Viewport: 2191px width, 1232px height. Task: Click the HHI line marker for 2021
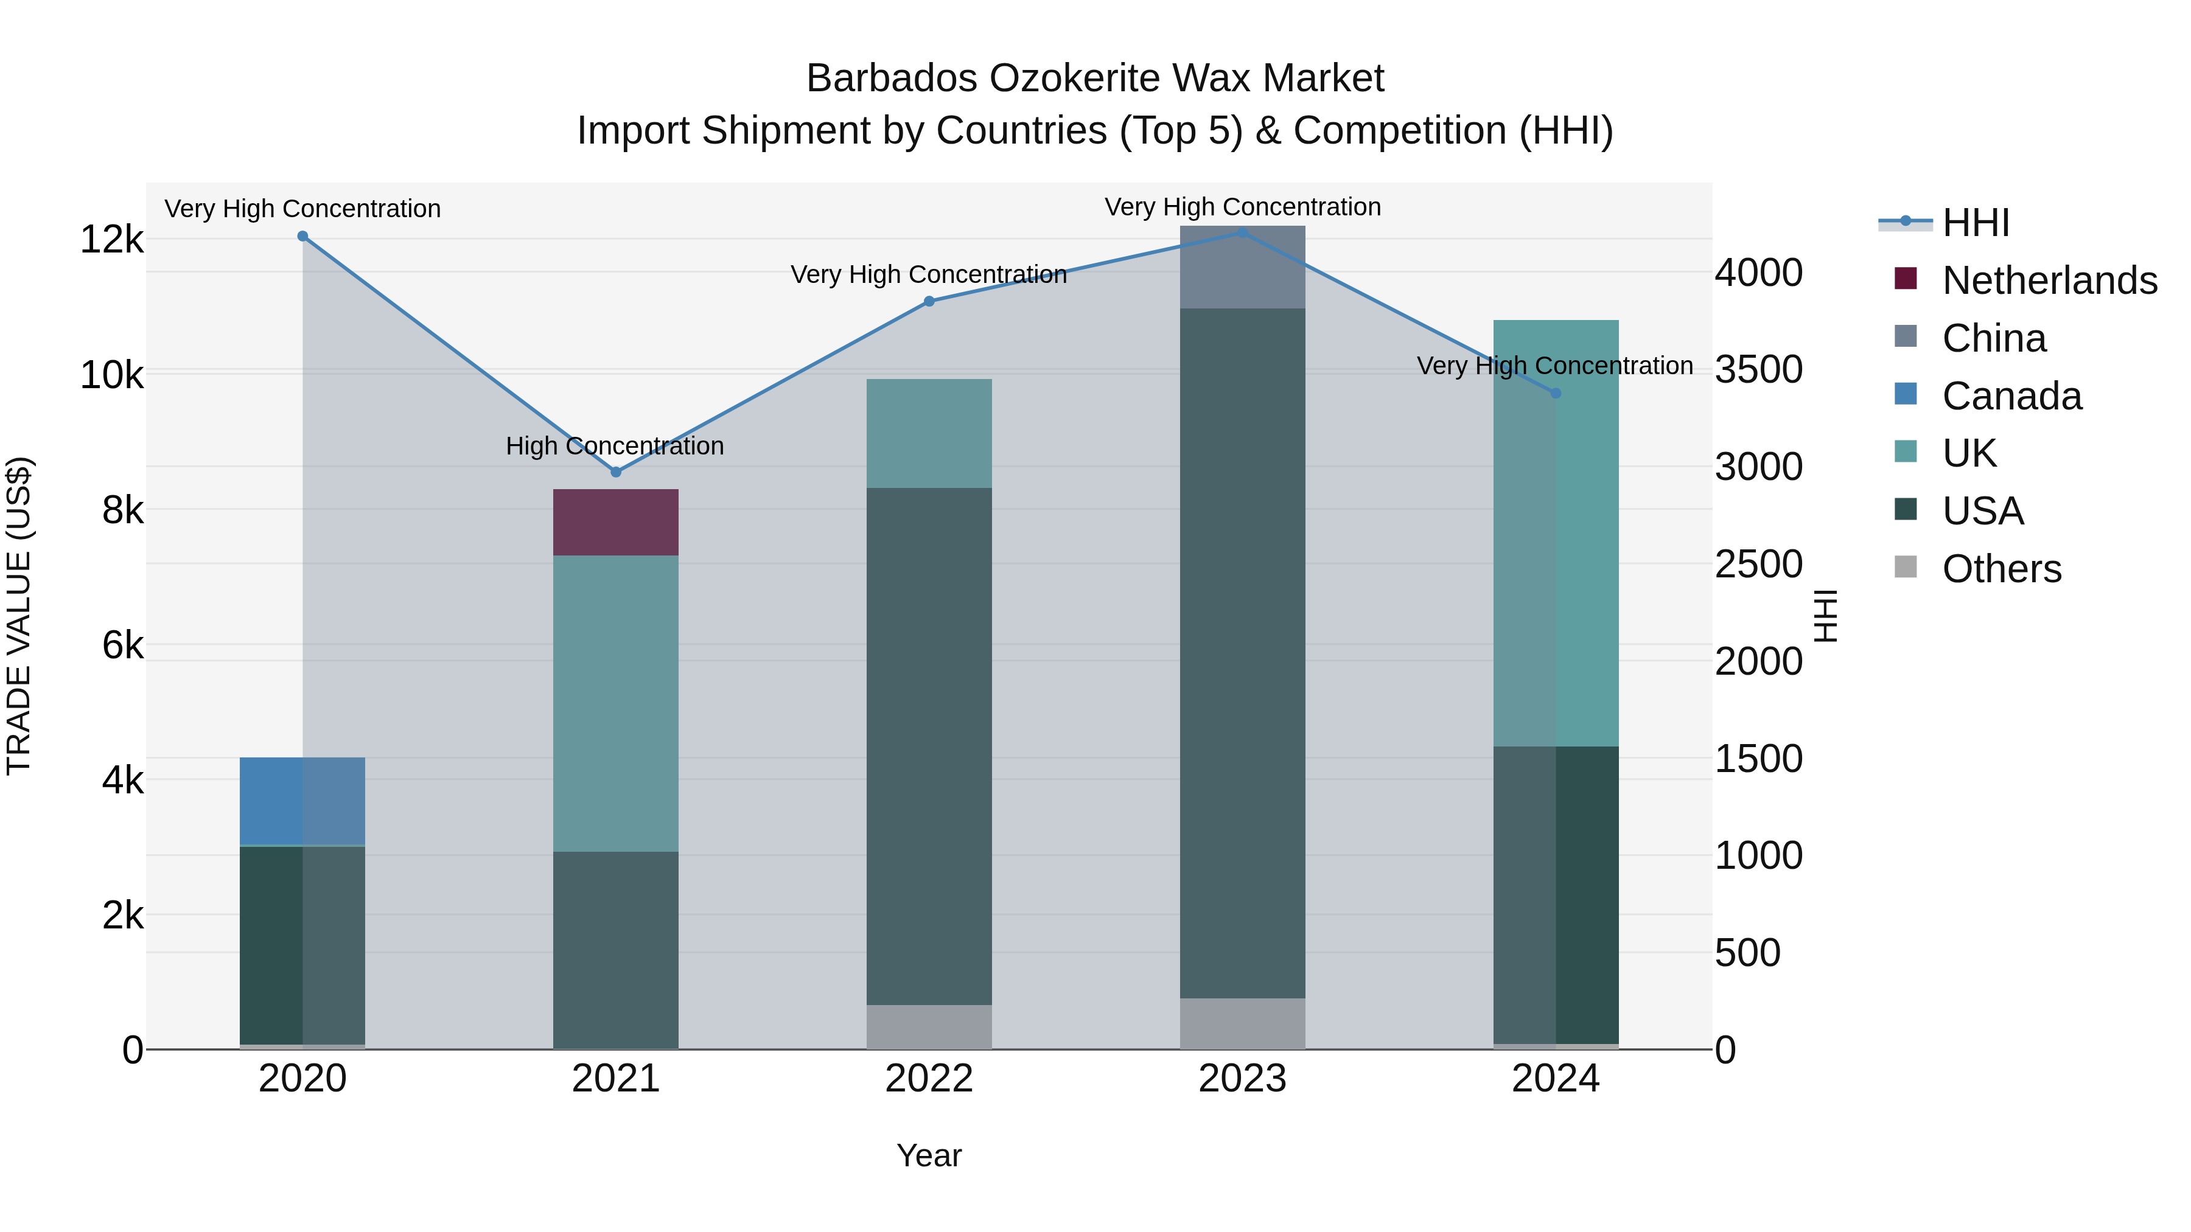[x=616, y=472]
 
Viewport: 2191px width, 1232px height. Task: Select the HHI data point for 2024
[x=1556, y=393]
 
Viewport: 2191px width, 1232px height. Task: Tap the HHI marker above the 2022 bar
[x=929, y=301]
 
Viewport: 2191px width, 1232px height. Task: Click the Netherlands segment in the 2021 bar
[x=616, y=522]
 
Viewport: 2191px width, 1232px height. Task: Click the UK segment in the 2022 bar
[x=929, y=434]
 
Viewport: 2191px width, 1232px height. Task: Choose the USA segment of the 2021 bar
[x=616, y=950]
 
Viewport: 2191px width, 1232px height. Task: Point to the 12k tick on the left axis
[x=111, y=240]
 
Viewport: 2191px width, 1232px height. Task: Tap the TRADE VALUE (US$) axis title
[x=19, y=616]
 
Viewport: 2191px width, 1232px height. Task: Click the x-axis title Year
[x=929, y=1155]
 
